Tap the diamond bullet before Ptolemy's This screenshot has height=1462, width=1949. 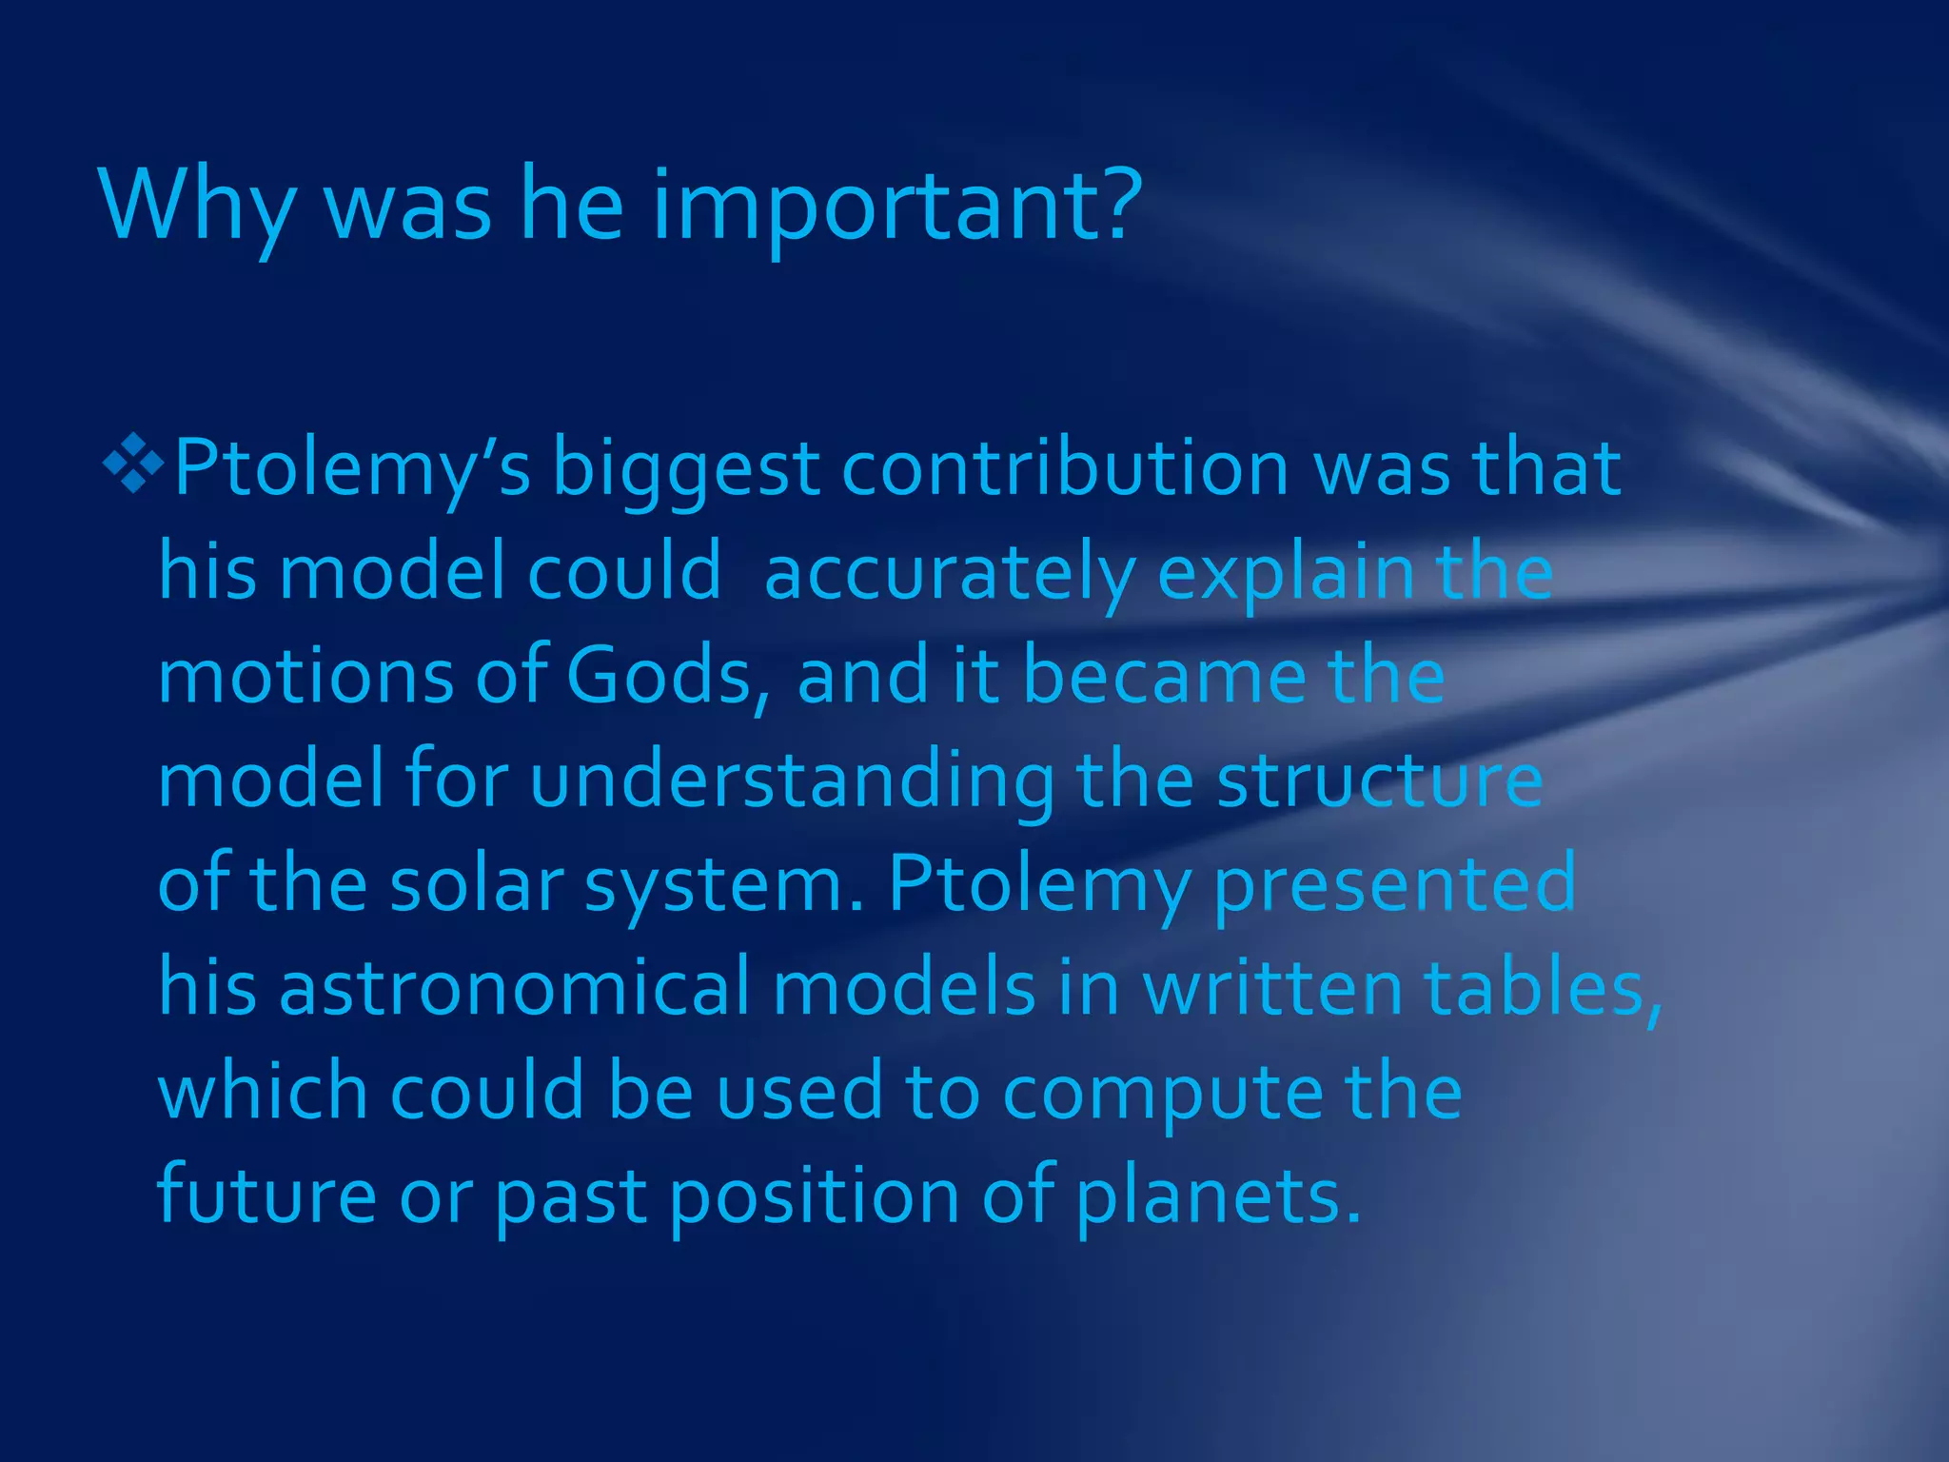coord(132,464)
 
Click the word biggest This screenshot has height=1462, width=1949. coord(685,469)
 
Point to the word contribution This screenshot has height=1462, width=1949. coord(1065,467)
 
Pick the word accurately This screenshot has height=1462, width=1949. coord(949,573)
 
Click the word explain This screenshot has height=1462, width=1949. coord(1286,573)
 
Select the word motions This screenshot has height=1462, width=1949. coord(305,676)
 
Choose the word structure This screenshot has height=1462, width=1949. coord(1379,780)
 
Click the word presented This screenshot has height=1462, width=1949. coord(1394,884)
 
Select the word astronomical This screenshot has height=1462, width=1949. coord(515,987)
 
